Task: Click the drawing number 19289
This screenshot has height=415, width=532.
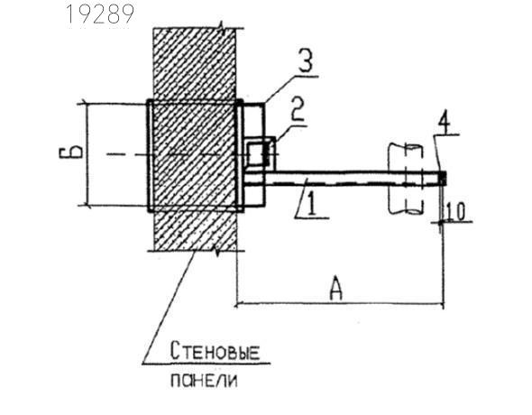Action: pos(100,14)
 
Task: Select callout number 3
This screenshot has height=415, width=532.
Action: pos(306,60)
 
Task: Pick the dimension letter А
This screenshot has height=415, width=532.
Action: pos(335,289)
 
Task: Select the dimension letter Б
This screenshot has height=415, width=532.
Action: pos(70,152)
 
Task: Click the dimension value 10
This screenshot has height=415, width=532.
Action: pos(455,212)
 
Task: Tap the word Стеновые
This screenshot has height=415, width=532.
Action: pos(215,351)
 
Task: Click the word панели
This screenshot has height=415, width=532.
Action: pos(204,381)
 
